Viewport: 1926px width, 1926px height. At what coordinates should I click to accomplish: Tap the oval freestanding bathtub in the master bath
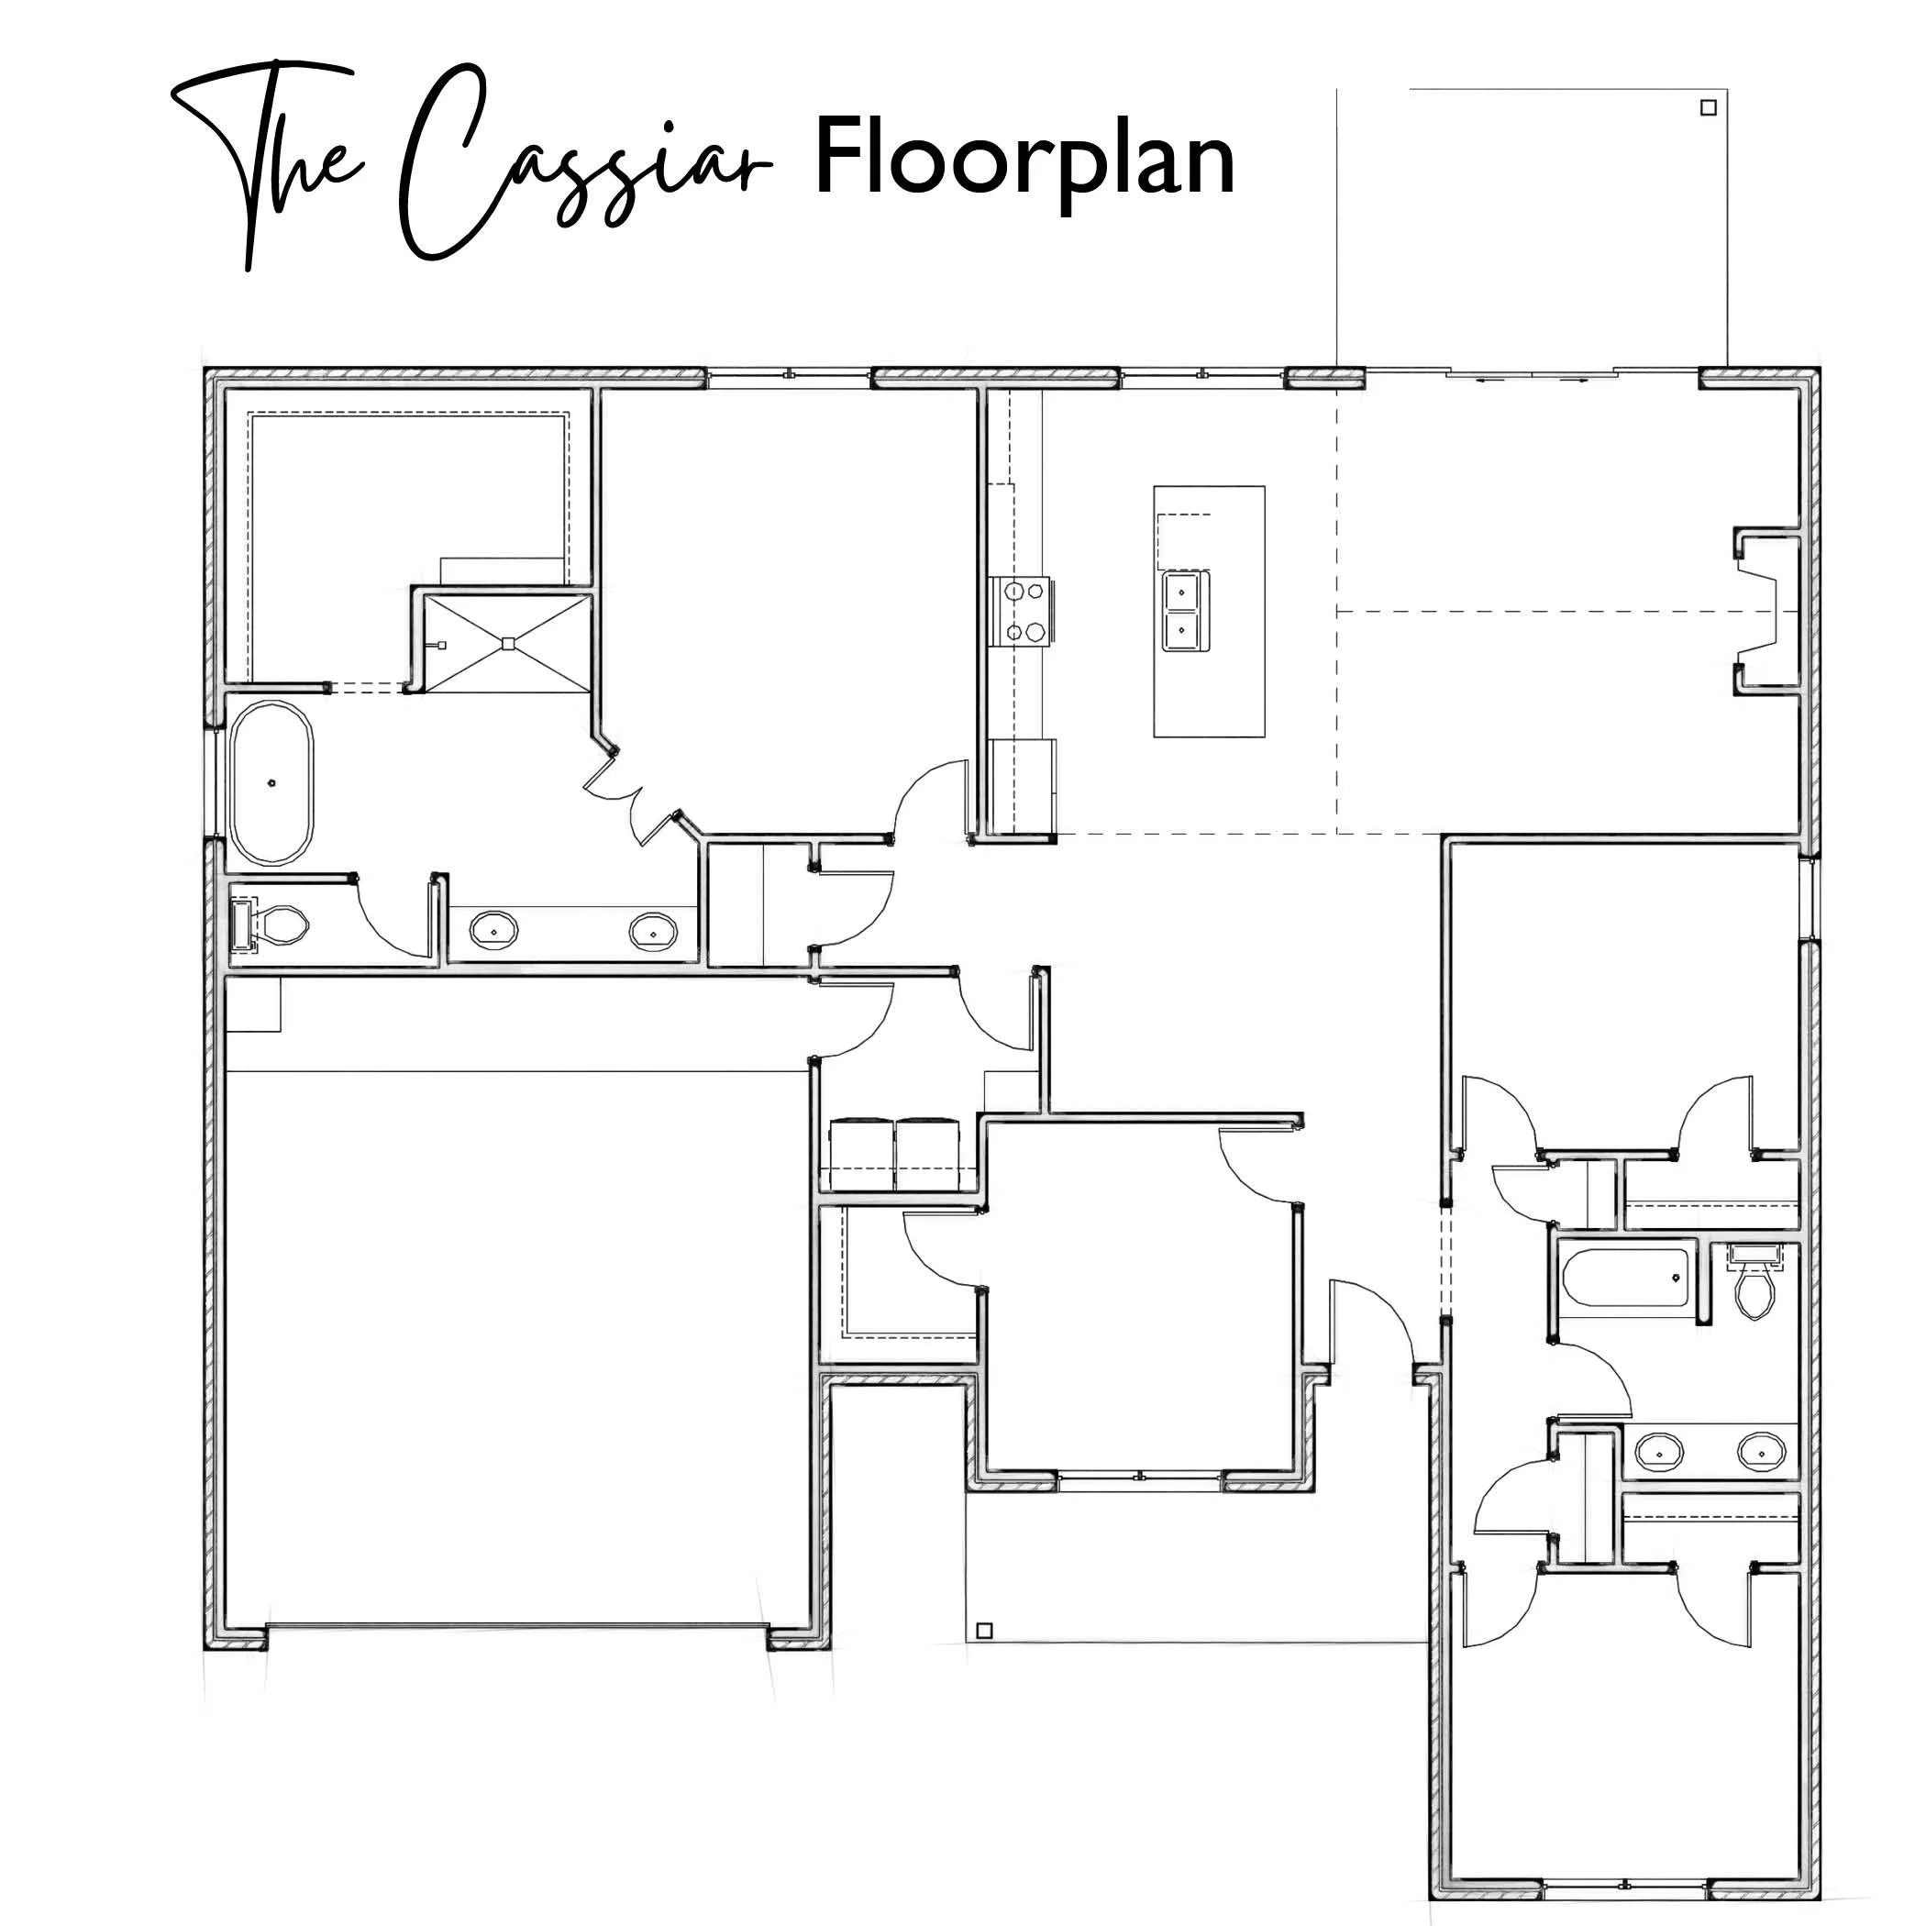[x=271, y=783]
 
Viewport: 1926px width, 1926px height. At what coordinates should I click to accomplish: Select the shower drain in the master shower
[x=507, y=643]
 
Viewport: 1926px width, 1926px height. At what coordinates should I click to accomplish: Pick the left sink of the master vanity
[x=494, y=930]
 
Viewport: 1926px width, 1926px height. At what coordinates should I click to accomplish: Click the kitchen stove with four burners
[x=1024, y=611]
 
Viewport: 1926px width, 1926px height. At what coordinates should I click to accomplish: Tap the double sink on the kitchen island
[x=1184, y=611]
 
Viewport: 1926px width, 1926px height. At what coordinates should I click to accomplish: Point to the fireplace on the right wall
[x=1766, y=611]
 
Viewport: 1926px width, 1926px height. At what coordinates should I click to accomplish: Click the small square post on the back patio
[x=1708, y=107]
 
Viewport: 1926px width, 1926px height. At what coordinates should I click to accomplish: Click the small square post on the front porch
[x=984, y=1631]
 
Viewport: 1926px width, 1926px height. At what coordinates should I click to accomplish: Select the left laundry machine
[x=861, y=1155]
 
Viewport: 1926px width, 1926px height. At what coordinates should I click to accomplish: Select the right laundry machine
[x=927, y=1155]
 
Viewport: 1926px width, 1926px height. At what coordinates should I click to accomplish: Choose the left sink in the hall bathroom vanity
[x=1660, y=1453]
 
